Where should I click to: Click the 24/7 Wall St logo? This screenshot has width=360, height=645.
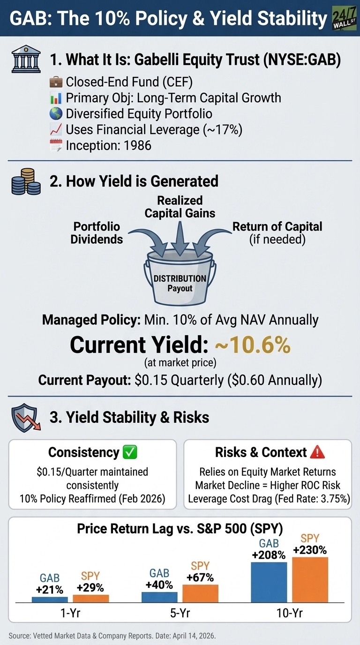click(345, 18)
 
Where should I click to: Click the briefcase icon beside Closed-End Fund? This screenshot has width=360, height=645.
click(55, 82)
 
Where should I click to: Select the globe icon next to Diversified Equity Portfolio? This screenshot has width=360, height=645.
click(55, 113)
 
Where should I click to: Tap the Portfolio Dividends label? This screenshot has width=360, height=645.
click(97, 232)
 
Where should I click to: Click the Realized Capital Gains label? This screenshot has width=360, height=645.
click(180, 207)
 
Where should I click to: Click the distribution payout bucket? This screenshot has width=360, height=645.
click(180, 279)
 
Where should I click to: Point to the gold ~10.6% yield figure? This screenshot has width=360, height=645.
click(253, 345)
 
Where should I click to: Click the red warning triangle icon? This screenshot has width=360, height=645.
click(318, 452)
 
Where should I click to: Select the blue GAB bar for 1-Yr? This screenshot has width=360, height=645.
click(50, 599)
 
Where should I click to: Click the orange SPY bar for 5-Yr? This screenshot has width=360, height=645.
click(200, 593)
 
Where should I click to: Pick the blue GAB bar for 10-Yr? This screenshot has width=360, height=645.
click(269, 582)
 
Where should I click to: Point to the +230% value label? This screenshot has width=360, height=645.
click(309, 550)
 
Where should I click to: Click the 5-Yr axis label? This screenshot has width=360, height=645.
click(180, 613)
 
